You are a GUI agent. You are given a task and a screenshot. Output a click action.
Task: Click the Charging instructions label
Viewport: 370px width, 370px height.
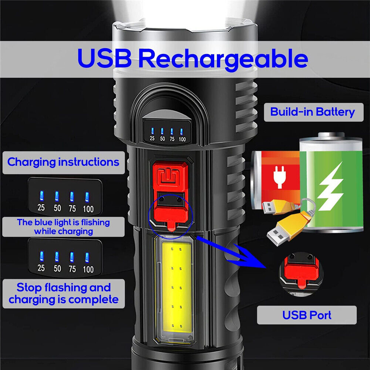pyautogui.click(x=63, y=162)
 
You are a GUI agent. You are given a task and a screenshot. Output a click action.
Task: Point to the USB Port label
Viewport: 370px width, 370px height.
pyautogui.click(x=307, y=315)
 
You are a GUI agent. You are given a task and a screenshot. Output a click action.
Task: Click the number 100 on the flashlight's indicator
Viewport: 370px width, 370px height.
pyautogui.click(x=182, y=139)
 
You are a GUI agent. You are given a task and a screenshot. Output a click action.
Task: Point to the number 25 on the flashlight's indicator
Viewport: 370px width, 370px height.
pyautogui.click(x=152, y=139)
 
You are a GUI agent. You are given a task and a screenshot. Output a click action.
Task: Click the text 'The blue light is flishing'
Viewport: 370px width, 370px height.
pyautogui.click(x=63, y=222)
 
